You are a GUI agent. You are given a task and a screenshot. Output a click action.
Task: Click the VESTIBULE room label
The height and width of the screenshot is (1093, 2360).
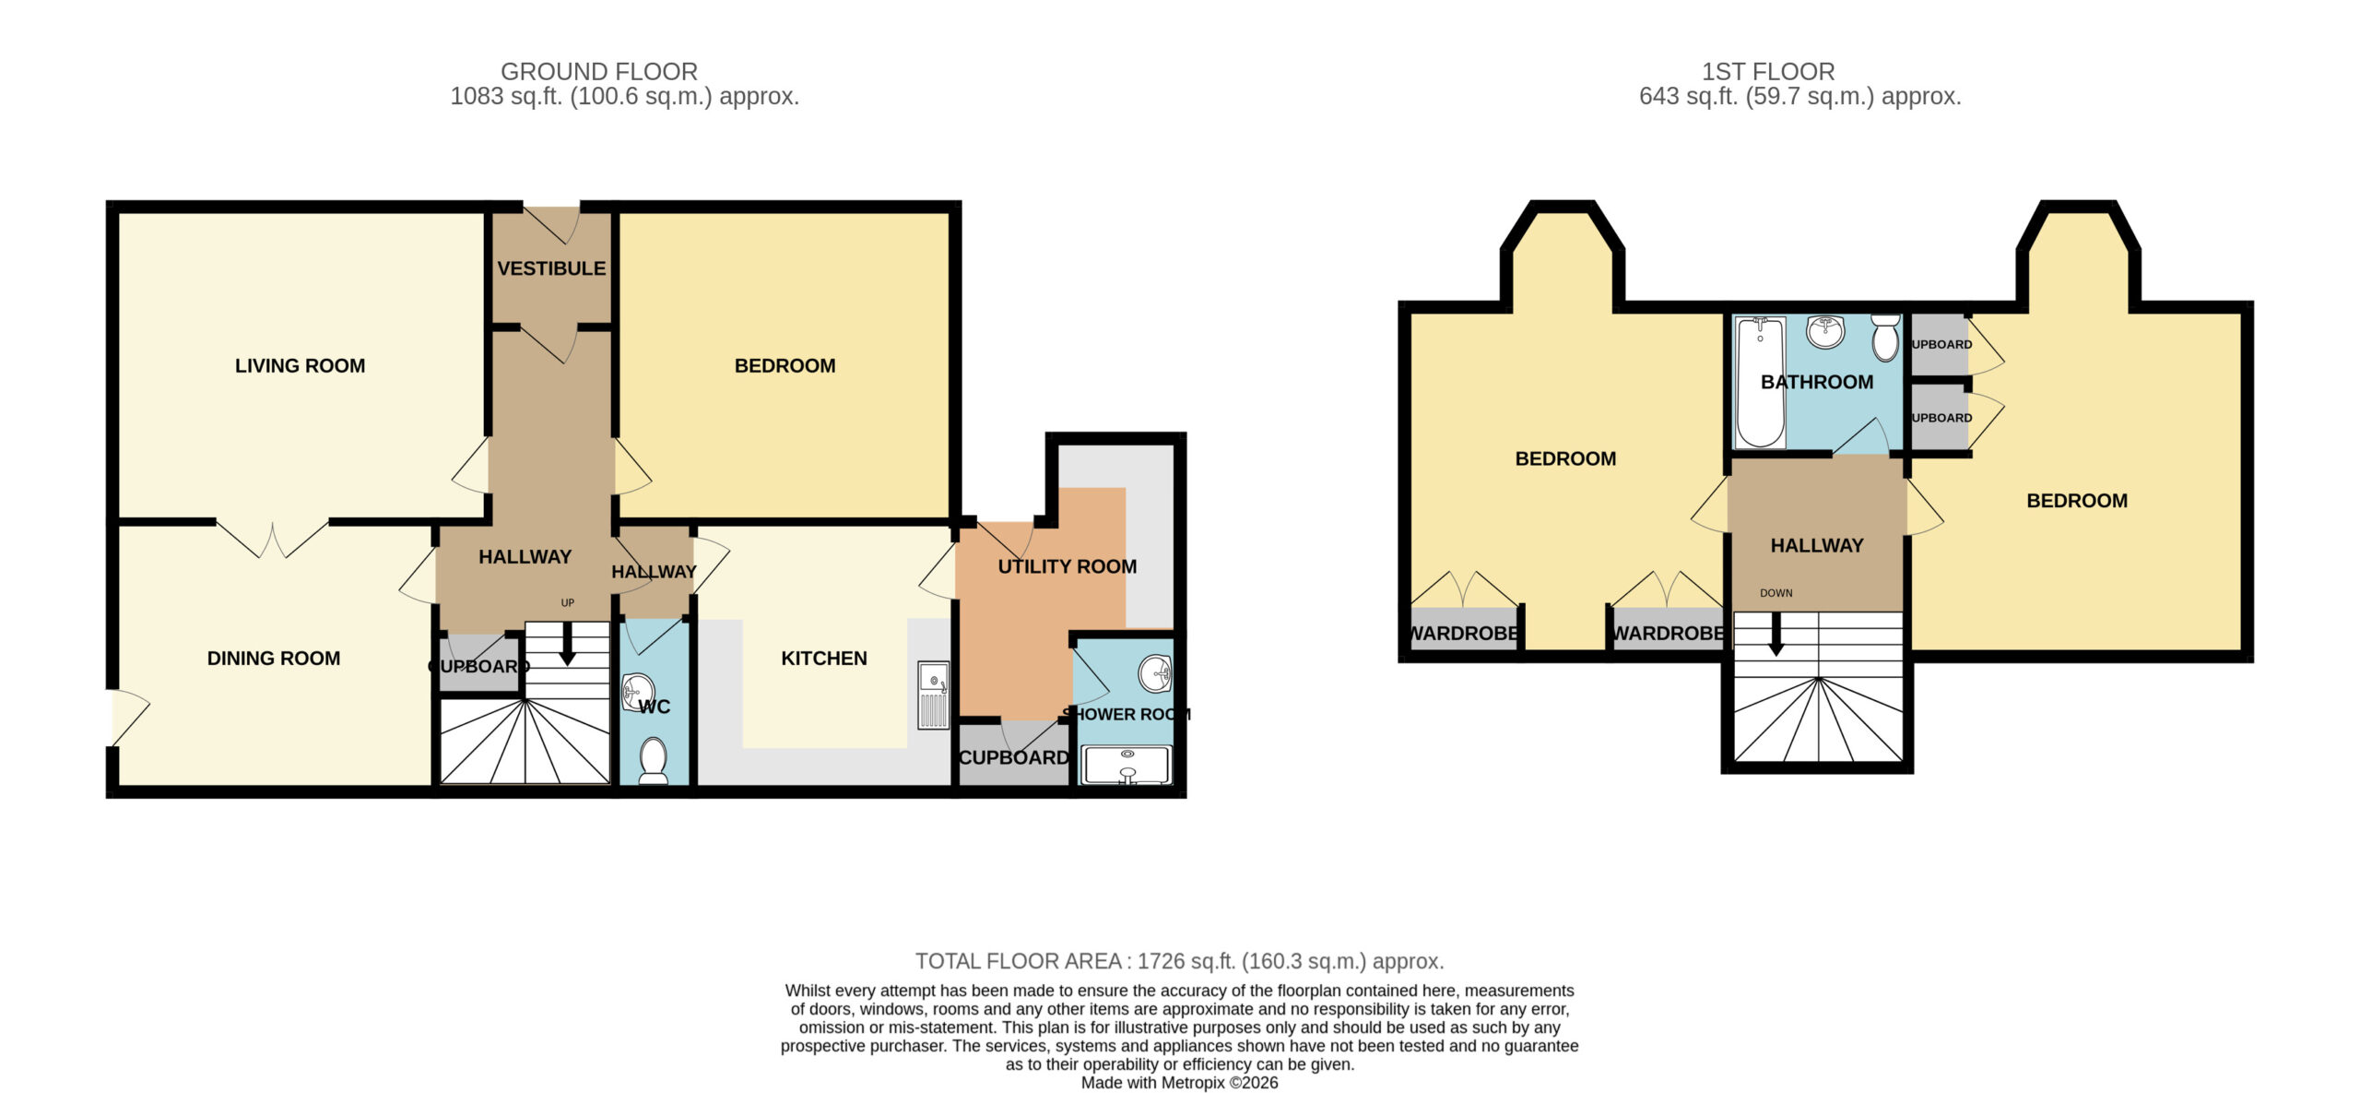[x=551, y=268]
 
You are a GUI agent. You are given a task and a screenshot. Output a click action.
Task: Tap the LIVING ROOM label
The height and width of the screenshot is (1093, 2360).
[x=300, y=365]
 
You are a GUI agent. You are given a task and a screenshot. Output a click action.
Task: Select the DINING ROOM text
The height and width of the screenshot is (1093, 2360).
[x=274, y=659]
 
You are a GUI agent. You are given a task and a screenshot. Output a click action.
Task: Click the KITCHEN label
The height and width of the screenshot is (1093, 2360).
[x=824, y=659]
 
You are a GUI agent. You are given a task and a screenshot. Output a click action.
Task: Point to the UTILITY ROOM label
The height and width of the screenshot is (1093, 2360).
[x=1068, y=566]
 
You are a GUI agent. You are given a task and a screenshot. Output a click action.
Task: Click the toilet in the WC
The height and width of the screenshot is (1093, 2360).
[x=654, y=760]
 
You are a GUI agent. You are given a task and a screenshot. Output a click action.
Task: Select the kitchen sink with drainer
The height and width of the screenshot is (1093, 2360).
[x=934, y=695]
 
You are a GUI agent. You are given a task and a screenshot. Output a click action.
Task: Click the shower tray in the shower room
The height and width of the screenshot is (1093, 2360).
[x=1126, y=765]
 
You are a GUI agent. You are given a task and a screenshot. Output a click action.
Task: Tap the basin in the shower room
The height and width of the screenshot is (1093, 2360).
[x=1155, y=674]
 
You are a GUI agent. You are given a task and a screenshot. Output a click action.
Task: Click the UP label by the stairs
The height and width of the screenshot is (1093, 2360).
[x=568, y=603]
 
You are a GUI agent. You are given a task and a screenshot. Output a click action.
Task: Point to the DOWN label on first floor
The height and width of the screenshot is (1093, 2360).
[x=1776, y=593]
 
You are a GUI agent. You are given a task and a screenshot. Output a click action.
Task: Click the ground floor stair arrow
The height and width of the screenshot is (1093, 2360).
[x=568, y=644]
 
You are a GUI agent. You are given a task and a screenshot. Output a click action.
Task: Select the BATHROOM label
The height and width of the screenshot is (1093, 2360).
[x=1817, y=382]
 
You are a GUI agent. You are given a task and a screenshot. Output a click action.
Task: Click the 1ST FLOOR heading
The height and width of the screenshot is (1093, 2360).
[x=1768, y=71]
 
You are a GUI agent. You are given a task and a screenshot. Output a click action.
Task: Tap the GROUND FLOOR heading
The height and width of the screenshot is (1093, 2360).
[x=599, y=71]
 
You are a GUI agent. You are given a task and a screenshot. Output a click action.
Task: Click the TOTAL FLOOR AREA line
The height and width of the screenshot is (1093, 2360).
[x=1180, y=961]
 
